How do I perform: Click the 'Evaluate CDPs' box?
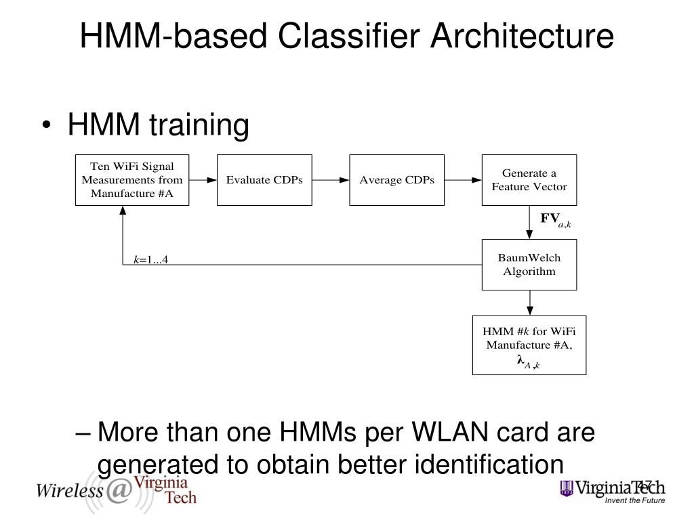click(264, 180)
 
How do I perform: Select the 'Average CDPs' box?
click(396, 180)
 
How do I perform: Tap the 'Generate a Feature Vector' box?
click(529, 180)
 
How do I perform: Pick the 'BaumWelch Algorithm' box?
click(529, 265)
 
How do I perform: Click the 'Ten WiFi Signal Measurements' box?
click(132, 180)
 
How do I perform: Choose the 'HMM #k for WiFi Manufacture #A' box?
click(529, 345)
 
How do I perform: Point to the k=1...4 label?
click(151, 259)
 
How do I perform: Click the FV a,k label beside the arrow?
click(556, 220)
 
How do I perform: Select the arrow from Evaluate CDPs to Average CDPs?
click(331, 180)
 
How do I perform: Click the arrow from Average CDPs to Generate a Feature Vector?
click(463, 180)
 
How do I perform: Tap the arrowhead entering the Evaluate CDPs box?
click(212, 180)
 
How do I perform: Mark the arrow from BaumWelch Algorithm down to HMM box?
click(529, 303)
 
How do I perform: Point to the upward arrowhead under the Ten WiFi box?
click(123, 211)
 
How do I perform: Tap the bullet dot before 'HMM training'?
click(47, 125)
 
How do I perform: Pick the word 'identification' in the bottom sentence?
click(489, 464)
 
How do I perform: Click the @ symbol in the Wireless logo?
click(118, 490)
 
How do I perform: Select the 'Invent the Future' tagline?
click(634, 500)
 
